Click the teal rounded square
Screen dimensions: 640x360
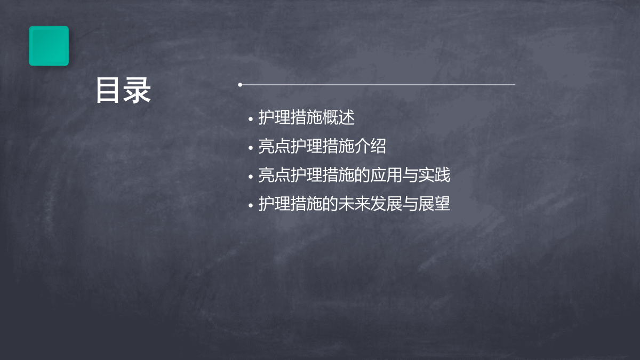(x=49, y=46)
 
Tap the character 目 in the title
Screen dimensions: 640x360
(x=107, y=90)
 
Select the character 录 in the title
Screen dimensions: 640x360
(x=137, y=90)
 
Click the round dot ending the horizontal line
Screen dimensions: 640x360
(x=240, y=85)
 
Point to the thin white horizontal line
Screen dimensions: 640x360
(x=378, y=85)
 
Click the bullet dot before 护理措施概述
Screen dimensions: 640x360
(x=251, y=119)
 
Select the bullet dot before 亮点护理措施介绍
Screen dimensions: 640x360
(x=251, y=148)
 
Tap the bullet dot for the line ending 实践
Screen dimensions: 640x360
(x=251, y=177)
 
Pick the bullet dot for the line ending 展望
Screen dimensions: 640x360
(x=251, y=205)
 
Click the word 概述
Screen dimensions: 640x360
(x=338, y=117)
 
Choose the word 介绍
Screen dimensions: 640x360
(x=370, y=146)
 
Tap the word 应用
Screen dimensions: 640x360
(x=386, y=175)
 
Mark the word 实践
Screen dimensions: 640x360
(x=434, y=175)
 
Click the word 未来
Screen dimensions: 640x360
(x=354, y=204)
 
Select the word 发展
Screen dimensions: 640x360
(x=386, y=204)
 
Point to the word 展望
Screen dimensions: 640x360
(x=434, y=204)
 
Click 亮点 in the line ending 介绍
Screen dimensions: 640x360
(x=274, y=146)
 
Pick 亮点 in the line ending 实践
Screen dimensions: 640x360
(x=274, y=175)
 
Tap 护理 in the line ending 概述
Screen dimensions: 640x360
(x=274, y=117)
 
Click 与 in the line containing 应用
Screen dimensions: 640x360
(x=410, y=175)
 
